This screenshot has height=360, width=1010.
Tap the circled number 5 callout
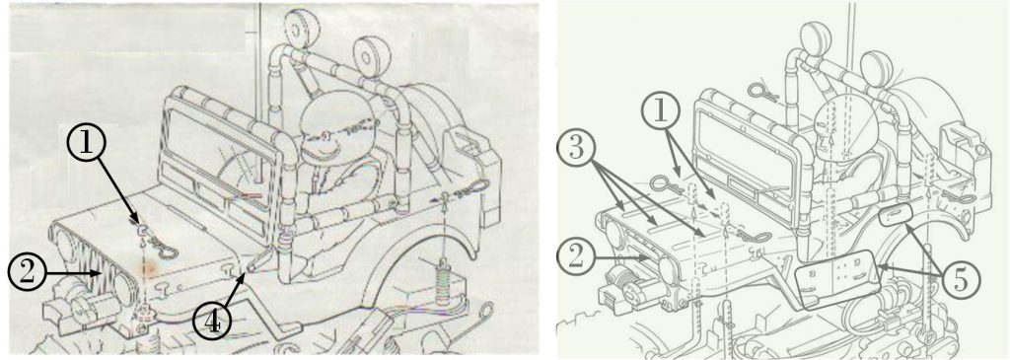pyautogui.click(x=959, y=281)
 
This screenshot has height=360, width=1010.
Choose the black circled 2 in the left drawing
pyautogui.click(x=27, y=273)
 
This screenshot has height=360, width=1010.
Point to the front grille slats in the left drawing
pyautogui.click(x=114, y=273)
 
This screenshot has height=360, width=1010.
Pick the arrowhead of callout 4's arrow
pyautogui.click(x=243, y=277)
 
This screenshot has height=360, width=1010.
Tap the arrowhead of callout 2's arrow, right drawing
pyautogui.click(x=648, y=257)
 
